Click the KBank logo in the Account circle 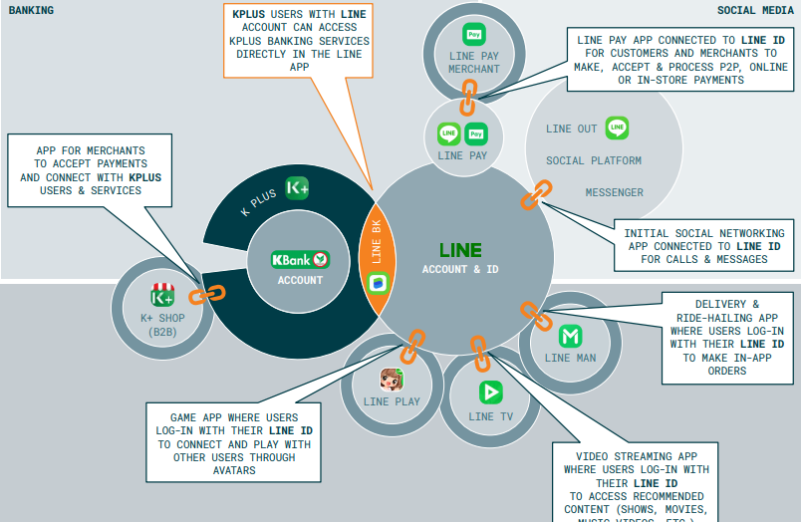(300, 259)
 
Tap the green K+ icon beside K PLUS (297, 187)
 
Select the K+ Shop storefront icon (162, 296)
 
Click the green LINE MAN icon (571, 336)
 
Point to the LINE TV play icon (490, 391)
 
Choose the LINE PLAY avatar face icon (392, 379)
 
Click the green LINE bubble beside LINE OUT (618, 128)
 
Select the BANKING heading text (31, 10)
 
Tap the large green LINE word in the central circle (460, 250)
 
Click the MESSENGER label (614, 192)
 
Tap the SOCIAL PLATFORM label (593, 160)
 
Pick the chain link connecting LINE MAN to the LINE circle (536, 315)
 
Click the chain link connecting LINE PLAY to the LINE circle (411, 345)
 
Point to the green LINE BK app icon (377, 284)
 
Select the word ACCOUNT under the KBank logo (300, 281)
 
